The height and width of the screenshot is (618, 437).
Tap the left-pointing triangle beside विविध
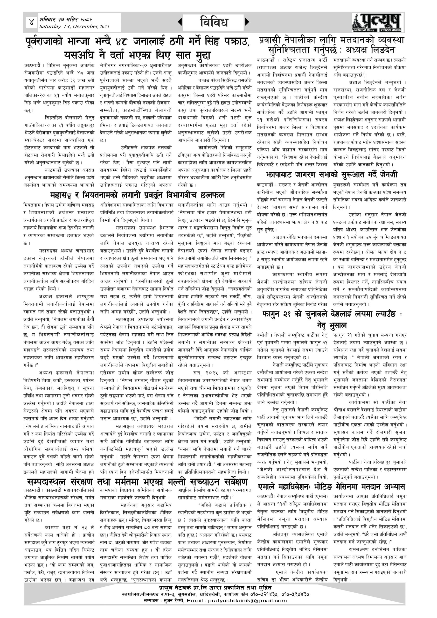pyautogui.click(x=180, y=22)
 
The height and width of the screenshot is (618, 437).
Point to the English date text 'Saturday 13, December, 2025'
pyautogui.click(x=74, y=27)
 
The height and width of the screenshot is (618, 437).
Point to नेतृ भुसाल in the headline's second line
pyautogui.click(x=332, y=325)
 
